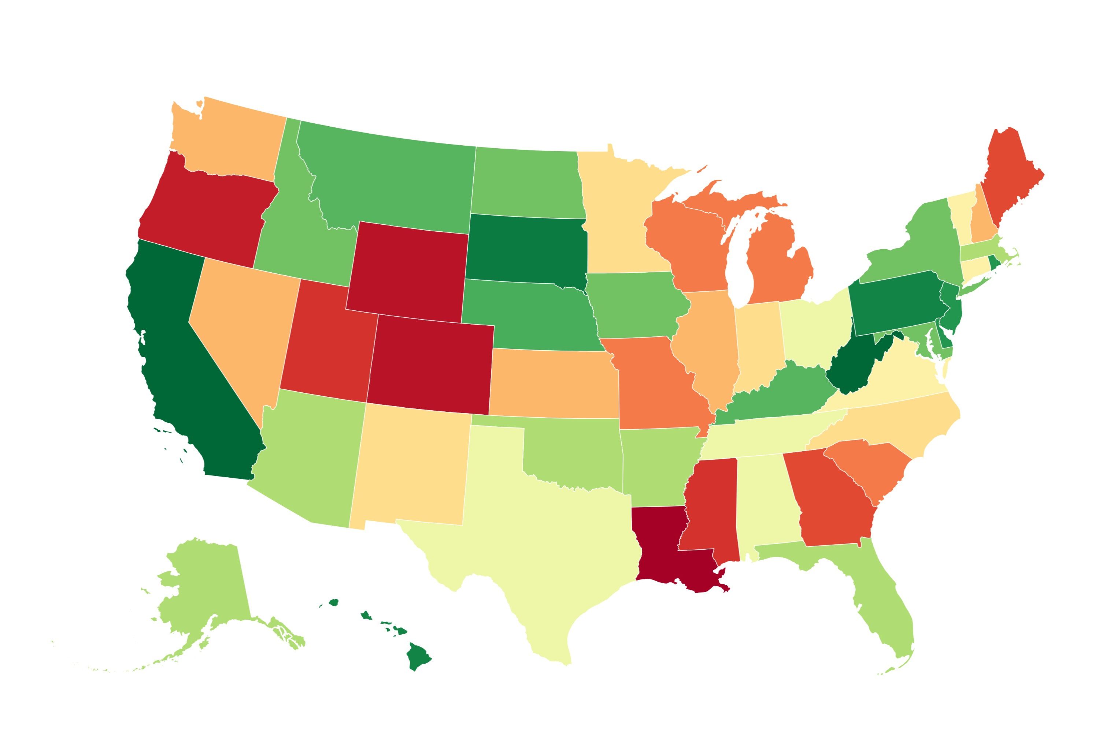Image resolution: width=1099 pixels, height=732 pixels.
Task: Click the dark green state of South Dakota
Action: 526,250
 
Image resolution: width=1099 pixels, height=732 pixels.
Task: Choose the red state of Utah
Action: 327,346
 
